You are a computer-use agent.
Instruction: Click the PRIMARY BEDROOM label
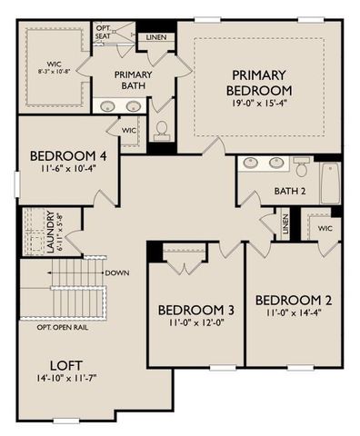click(x=262, y=83)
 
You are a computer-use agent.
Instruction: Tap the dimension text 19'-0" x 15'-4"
click(x=262, y=105)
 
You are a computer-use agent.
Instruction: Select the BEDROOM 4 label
click(x=68, y=156)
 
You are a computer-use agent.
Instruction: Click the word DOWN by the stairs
click(x=116, y=272)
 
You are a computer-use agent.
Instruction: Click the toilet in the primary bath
click(x=164, y=132)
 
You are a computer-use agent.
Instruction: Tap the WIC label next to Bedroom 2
click(x=325, y=229)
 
